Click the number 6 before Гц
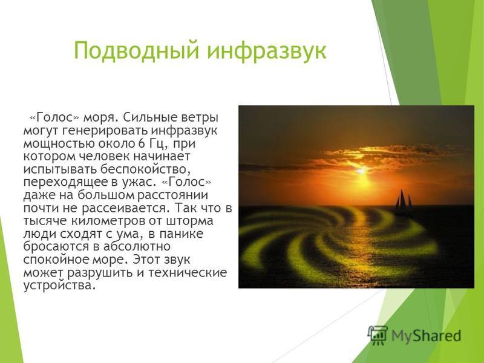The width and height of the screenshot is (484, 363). (x=142, y=144)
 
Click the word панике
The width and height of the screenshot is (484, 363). (x=181, y=234)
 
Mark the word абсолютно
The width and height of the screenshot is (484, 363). (x=137, y=247)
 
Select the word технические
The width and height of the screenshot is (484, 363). (x=188, y=273)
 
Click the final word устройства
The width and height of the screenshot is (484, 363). (x=58, y=286)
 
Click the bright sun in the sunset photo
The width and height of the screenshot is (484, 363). (x=362, y=171)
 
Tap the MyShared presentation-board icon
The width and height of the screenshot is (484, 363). (x=378, y=336)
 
